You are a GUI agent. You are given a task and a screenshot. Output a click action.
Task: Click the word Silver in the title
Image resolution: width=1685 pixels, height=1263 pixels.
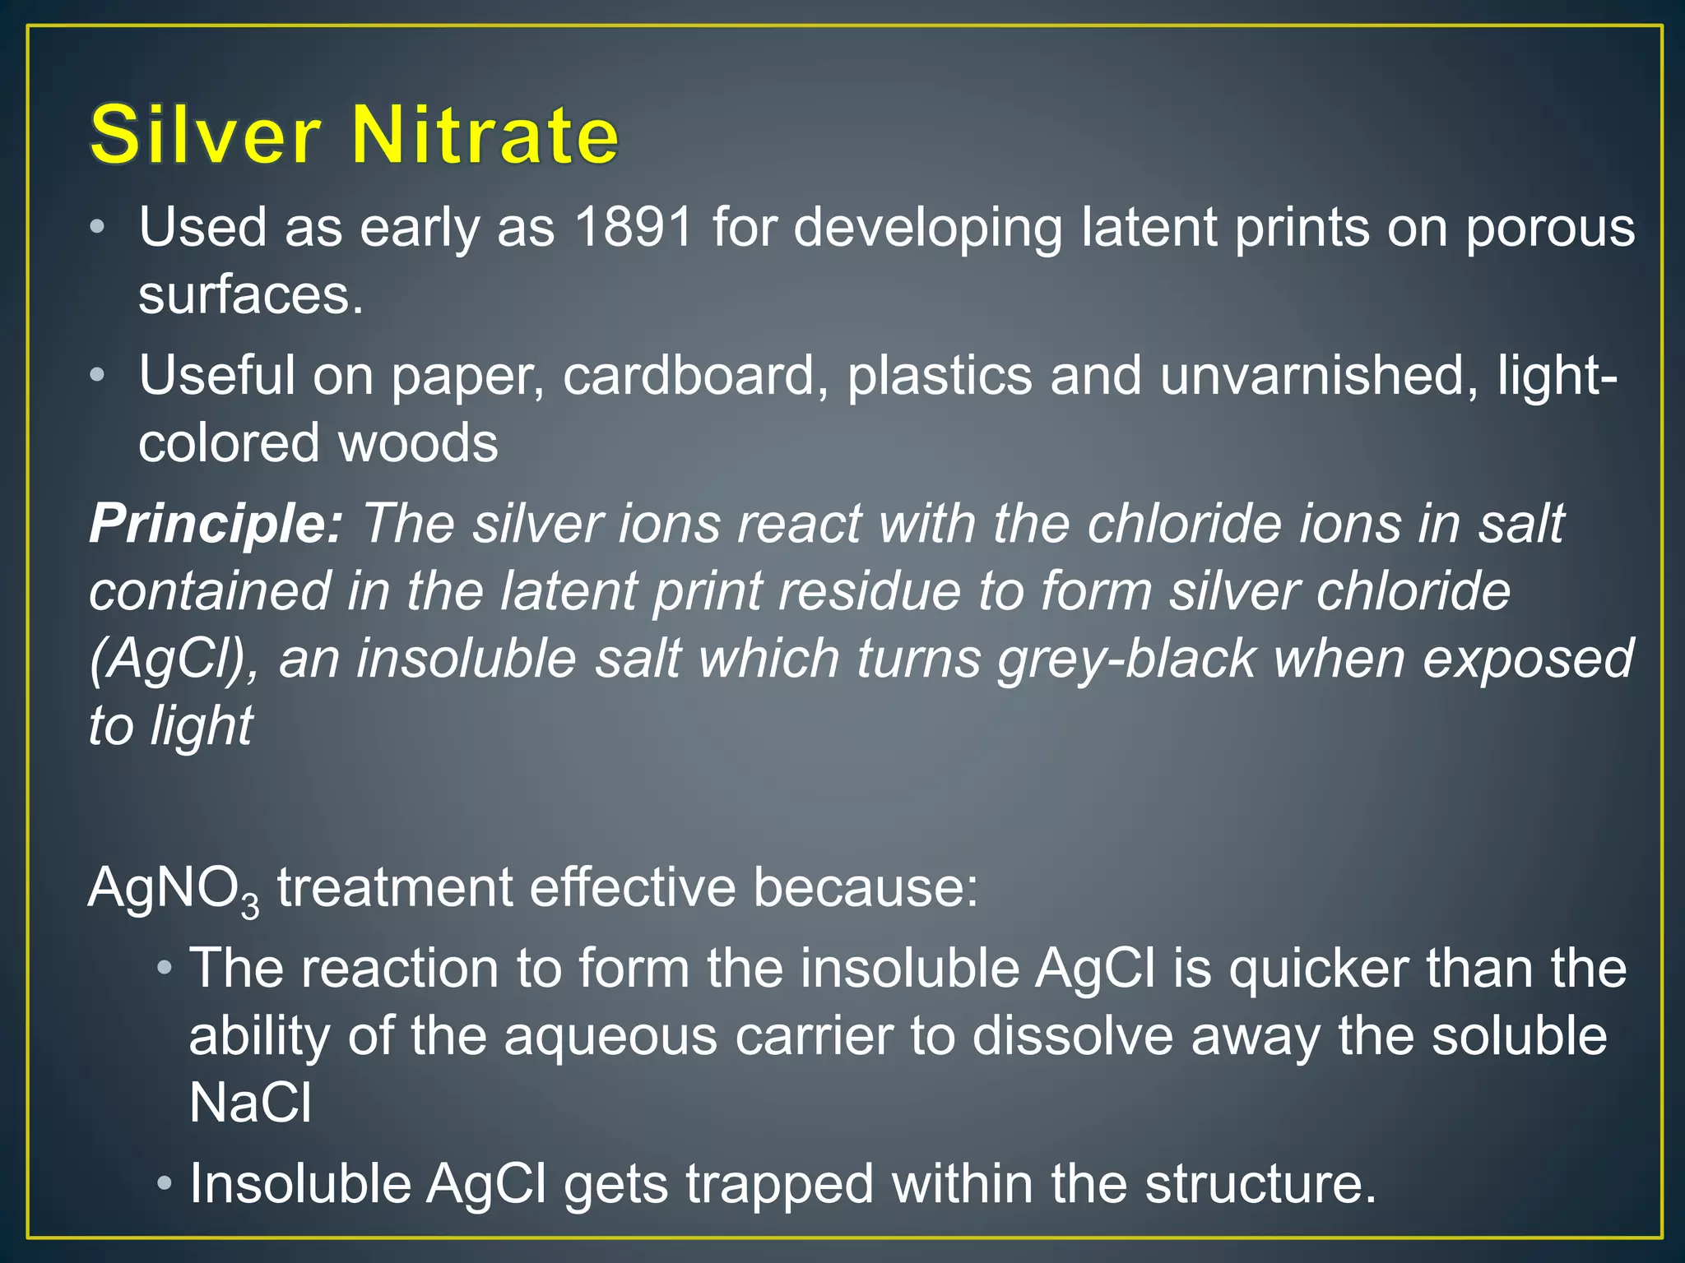click(205, 136)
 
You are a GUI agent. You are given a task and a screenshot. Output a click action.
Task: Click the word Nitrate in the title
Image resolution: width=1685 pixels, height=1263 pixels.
click(485, 136)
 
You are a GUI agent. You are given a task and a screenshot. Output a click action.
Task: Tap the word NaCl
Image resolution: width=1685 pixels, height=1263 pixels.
click(250, 1103)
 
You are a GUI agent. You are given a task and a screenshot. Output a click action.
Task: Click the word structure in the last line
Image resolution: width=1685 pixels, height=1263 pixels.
click(1260, 1185)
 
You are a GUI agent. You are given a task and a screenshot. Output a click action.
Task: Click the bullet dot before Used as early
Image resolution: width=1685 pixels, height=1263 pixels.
click(98, 228)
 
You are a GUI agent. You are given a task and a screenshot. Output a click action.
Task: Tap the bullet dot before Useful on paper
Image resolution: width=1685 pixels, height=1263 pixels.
click(98, 376)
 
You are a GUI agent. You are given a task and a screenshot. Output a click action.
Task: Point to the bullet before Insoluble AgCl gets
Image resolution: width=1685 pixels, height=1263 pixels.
click(165, 1184)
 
